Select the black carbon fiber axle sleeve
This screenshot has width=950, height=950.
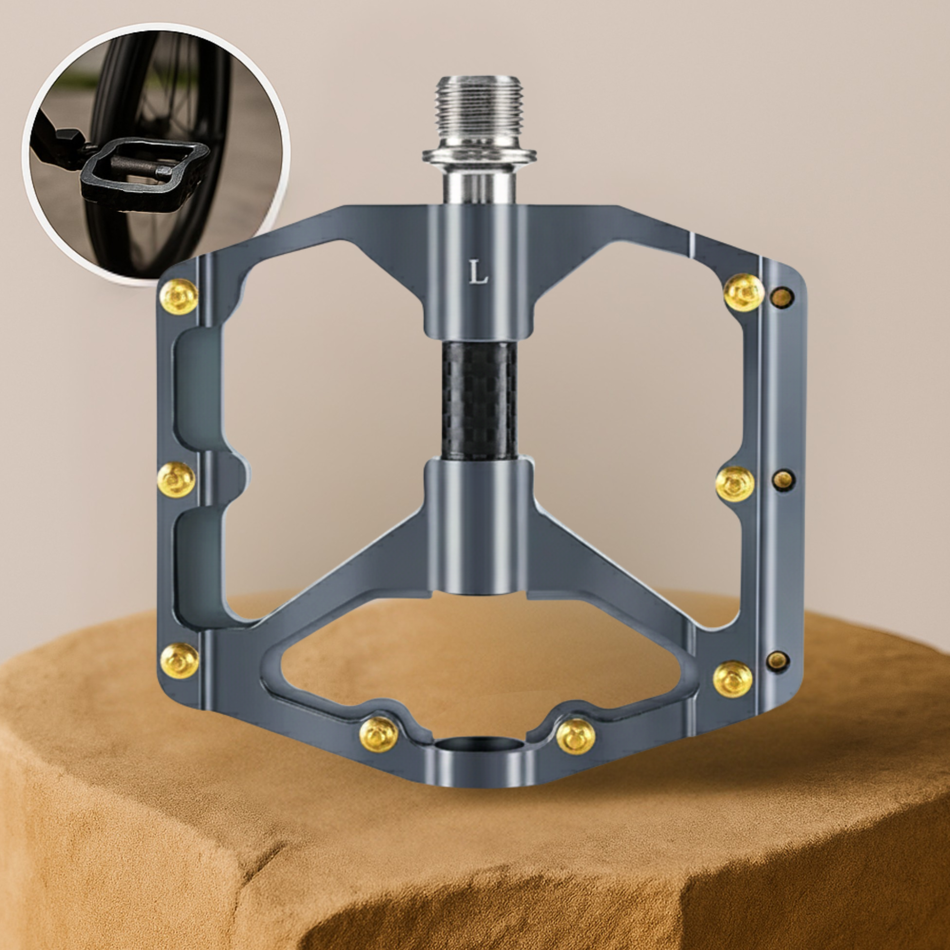point(479,401)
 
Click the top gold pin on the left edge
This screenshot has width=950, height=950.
point(180,296)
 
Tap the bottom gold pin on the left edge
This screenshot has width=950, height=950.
point(180,660)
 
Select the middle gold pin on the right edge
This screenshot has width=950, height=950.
point(735,484)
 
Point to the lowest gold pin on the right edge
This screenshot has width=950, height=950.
point(732,679)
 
